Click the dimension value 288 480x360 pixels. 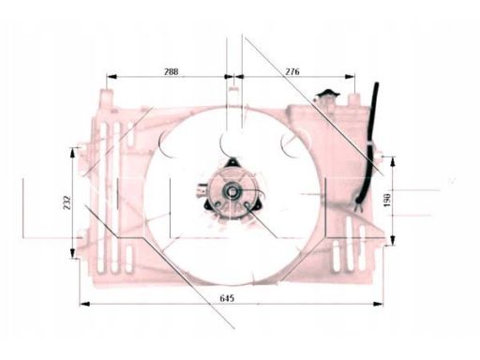[172, 71]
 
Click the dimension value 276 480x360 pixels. [292, 71]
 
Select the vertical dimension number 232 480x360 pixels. [67, 202]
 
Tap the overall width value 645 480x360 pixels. [227, 298]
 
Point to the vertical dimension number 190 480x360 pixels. [386, 201]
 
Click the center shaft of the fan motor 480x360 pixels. [232, 191]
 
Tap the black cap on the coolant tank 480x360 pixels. [327, 93]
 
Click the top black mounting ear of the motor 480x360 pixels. [232, 162]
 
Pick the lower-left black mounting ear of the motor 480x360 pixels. [208, 205]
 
